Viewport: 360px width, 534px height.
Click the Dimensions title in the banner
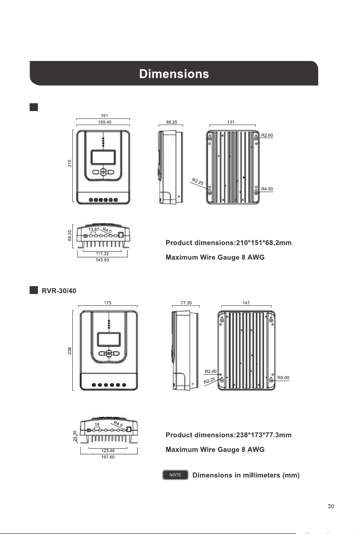174,74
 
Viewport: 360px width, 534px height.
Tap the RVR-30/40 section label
59,291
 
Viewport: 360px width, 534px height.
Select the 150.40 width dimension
105,122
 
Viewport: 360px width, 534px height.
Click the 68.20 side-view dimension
172,122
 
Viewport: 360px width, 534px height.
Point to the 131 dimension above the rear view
231,122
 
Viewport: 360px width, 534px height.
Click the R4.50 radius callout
267,189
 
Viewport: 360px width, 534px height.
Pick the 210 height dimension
69,163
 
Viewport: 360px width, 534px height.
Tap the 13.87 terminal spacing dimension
94,230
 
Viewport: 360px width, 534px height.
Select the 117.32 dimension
102,253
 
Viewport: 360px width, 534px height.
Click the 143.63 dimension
102,260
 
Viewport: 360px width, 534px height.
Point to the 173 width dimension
108,303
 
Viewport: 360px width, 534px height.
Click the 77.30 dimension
186,303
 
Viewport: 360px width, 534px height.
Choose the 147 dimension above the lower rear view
246,303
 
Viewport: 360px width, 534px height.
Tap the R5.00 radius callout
283,378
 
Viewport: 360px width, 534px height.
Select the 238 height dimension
69,351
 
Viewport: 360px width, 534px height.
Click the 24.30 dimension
75,436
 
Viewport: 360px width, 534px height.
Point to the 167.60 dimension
108,457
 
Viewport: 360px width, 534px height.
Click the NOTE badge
175,475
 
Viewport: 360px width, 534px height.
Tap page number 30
331,506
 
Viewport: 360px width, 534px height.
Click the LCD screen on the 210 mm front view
103,157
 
